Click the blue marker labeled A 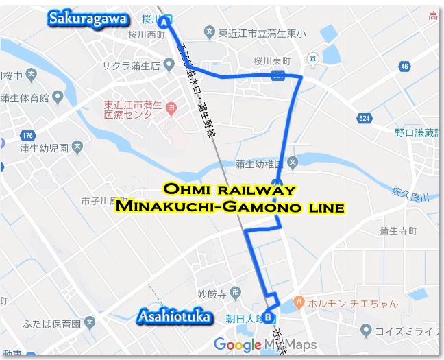pos(164,22)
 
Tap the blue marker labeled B pos(269,317)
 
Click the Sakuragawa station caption pos(86,19)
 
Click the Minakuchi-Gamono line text pos(229,206)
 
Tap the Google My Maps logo pos(264,344)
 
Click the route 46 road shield pos(405,67)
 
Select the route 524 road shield pos(364,119)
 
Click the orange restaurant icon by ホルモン pos(299,301)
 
